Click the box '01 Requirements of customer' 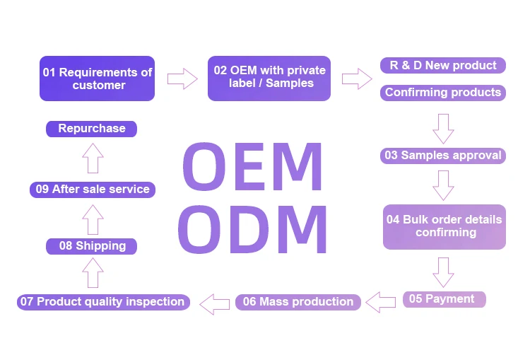(97, 79)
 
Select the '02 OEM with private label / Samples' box (269, 78)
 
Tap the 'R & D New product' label (443, 66)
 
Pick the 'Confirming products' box (443, 93)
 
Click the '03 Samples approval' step (443, 156)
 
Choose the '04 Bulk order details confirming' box (444, 226)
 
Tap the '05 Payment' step (444, 299)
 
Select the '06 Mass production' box (298, 302)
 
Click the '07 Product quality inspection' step (103, 302)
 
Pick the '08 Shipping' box (91, 246)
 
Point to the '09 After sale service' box (93, 190)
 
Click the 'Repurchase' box (91, 129)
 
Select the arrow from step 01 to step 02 (182, 79)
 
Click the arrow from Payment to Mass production (382, 301)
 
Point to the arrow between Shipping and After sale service (93, 218)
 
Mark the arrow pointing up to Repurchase (93, 158)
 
